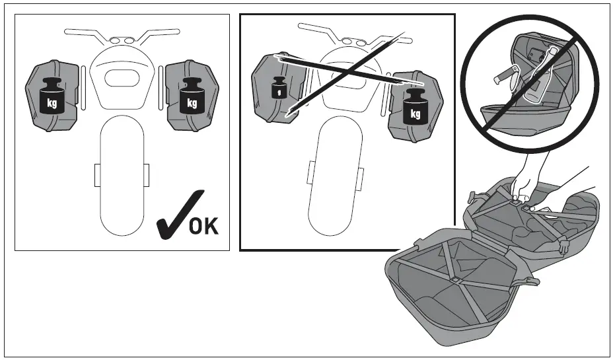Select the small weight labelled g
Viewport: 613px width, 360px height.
(x=279, y=88)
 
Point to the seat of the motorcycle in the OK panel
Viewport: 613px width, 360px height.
(x=122, y=78)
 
